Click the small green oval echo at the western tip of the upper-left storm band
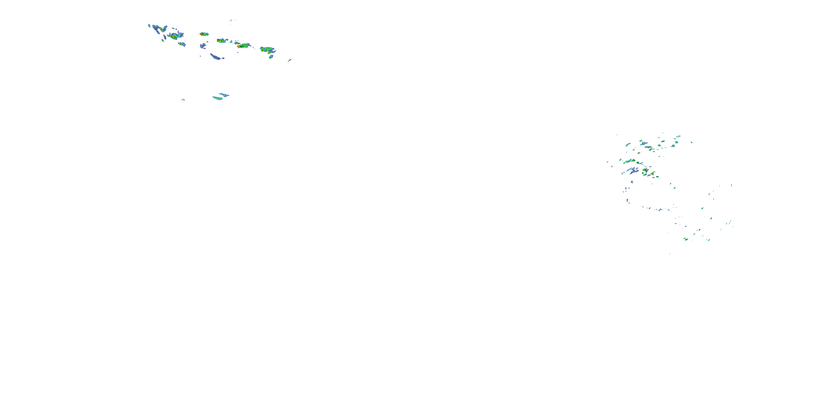(149, 25)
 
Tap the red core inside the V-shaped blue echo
(161, 30)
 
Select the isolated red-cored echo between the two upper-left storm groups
(202, 34)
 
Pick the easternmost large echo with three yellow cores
(267, 49)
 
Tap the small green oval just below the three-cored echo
(271, 57)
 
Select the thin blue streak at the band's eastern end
(290, 60)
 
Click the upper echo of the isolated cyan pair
(224, 95)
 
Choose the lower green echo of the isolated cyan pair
(217, 98)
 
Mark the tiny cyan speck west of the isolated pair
(183, 100)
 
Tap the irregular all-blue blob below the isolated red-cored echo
(203, 46)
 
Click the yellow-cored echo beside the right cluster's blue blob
(645, 170)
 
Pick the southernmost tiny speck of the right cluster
(669, 254)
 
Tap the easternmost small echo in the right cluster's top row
(691, 142)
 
